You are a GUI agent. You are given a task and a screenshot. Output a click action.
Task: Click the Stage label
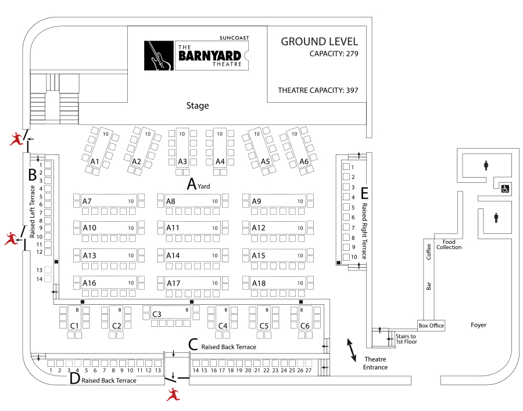198,106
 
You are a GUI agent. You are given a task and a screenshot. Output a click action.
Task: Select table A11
192,228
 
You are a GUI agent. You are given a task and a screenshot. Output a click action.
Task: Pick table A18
278,283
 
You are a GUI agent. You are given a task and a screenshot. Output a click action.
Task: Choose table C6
305,318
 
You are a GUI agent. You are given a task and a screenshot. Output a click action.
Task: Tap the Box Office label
431,325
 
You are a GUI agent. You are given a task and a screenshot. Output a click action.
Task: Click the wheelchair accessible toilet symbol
506,189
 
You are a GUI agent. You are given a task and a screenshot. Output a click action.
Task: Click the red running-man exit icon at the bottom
173,394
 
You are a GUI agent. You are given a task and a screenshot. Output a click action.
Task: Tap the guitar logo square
159,55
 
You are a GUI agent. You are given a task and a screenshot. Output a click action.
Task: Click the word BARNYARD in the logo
210,56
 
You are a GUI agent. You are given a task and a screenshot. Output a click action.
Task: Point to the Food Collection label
449,244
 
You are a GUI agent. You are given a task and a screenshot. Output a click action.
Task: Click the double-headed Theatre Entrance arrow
352,350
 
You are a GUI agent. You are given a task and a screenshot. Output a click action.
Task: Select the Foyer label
478,325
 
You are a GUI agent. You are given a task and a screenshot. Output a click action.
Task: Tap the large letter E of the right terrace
364,193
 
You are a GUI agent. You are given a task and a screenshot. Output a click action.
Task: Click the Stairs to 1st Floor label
406,339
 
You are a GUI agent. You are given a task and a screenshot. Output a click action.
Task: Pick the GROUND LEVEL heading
319,42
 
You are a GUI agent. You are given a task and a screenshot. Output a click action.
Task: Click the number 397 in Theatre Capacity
352,91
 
